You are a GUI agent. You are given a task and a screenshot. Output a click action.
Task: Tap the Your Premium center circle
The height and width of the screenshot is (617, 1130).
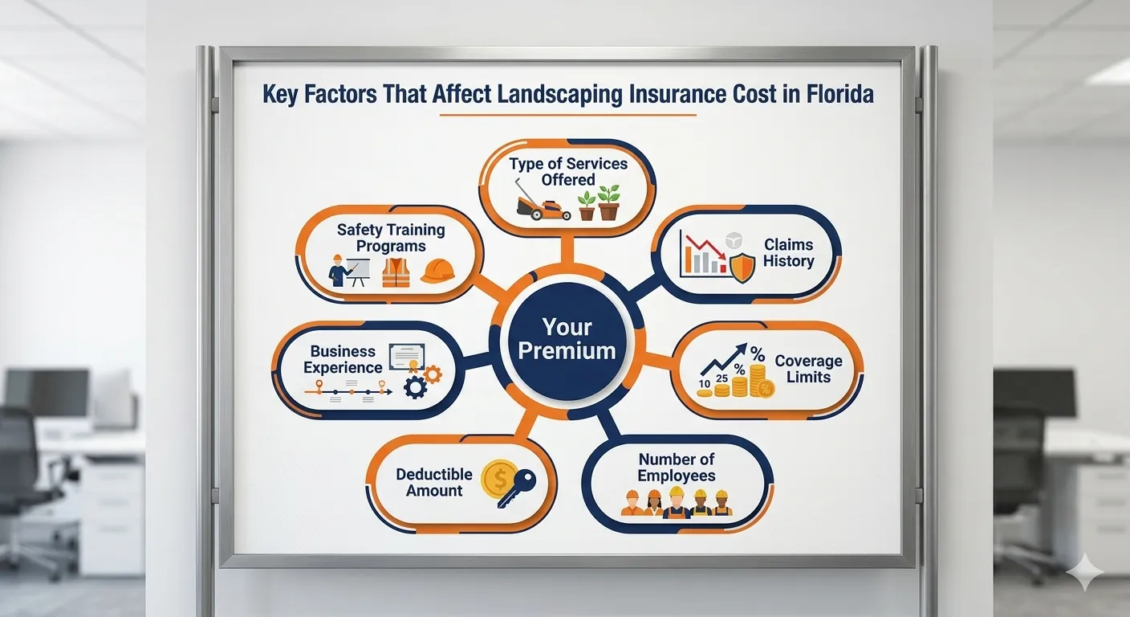(567, 338)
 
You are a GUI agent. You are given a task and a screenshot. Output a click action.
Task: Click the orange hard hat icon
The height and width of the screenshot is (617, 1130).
(437, 271)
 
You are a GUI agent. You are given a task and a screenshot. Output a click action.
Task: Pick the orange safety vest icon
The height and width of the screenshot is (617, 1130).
(396, 272)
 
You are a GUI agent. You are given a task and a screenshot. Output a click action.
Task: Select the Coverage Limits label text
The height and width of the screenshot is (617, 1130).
(808, 369)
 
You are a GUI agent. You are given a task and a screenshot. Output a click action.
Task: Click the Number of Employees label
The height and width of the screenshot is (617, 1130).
(677, 467)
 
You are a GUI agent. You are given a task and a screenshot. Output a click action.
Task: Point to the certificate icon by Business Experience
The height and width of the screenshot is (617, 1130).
(405, 358)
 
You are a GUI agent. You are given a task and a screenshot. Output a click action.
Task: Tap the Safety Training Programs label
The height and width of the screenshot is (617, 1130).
(391, 238)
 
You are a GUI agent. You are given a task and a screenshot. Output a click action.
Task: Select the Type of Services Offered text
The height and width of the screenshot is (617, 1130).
(568, 171)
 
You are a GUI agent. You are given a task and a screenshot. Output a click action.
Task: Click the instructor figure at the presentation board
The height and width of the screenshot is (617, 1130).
(340, 272)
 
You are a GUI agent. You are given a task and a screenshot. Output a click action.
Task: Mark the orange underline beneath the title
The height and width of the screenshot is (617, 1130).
(567, 116)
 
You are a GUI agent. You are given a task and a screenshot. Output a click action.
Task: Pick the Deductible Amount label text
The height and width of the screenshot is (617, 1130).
(434, 482)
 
